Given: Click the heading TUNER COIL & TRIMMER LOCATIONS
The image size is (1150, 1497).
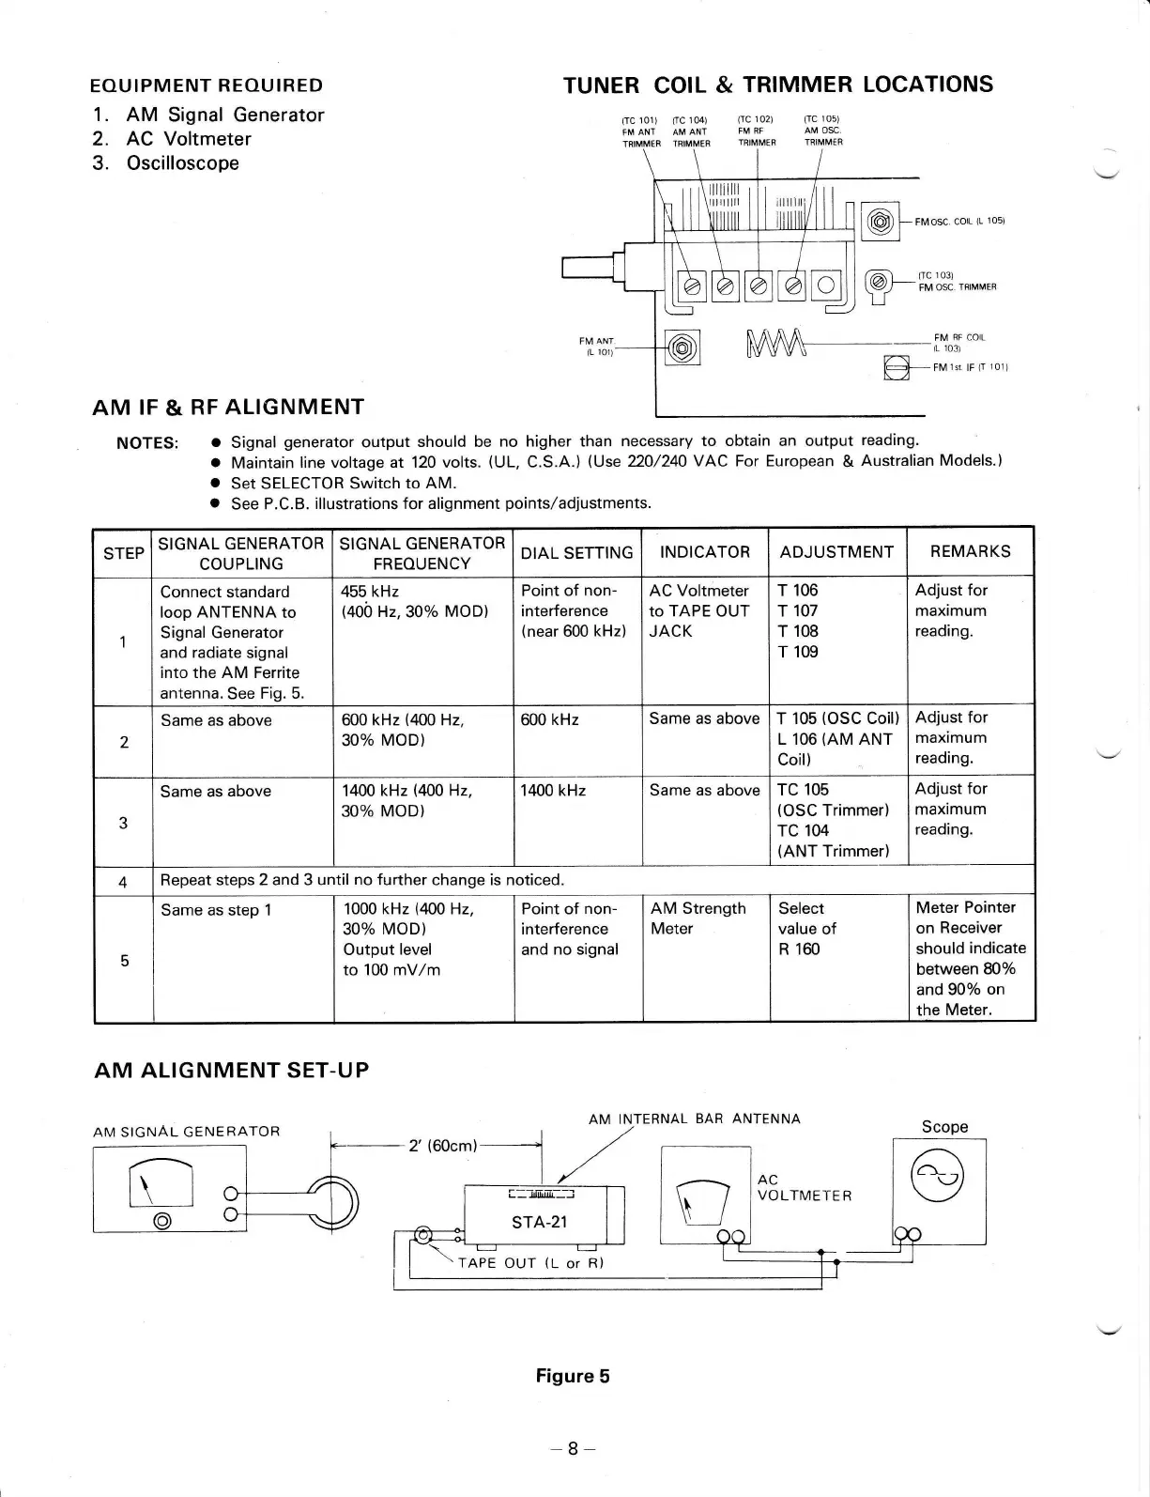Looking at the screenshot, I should pyautogui.click(x=777, y=85).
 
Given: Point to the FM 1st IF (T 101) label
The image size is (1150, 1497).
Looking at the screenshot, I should pyautogui.click(x=970, y=367).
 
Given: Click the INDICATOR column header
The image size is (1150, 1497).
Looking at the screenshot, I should pyautogui.click(x=704, y=552).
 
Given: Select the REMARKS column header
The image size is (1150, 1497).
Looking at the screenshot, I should pyautogui.click(x=970, y=551).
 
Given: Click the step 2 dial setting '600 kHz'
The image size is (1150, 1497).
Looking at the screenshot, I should pyautogui.click(x=549, y=719).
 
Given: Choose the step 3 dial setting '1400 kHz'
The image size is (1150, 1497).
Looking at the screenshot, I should pyautogui.click(x=553, y=791).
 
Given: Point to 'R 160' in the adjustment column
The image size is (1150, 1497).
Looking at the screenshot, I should pyautogui.click(x=799, y=949).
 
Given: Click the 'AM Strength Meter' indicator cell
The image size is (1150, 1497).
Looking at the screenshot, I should pyautogui.click(x=698, y=918).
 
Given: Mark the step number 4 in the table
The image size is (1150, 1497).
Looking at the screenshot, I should pyautogui.click(x=123, y=882).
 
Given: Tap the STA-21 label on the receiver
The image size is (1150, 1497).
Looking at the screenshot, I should pyautogui.click(x=539, y=1222).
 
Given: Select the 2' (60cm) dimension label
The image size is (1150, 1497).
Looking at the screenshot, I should pyautogui.click(x=444, y=1146).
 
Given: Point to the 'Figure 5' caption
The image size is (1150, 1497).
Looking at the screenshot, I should pyautogui.click(x=572, y=1376).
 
